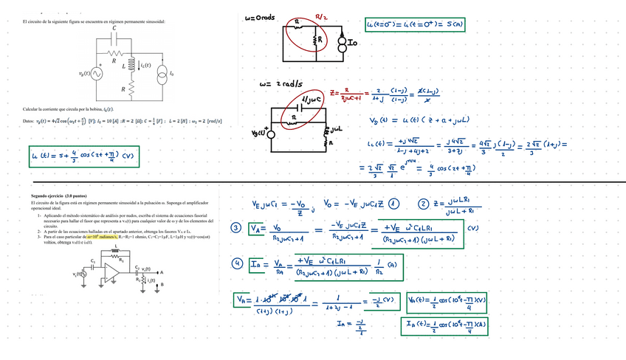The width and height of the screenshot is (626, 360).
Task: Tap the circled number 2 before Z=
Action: coord(423,204)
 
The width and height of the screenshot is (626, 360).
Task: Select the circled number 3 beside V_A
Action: coord(236,228)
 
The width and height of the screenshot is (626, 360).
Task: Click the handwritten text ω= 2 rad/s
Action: coord(277,85)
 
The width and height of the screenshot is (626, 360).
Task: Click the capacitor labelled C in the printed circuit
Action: coord(114,40)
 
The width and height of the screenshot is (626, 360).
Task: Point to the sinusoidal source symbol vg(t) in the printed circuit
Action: coord(97,74)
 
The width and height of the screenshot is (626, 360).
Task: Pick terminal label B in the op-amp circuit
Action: coord(152,283)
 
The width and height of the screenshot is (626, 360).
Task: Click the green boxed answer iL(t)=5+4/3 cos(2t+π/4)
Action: coord(84,156)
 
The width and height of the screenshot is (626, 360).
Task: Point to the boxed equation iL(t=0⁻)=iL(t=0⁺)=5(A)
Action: coord(416,25)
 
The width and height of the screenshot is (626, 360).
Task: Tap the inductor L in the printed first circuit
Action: coord(131,66)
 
